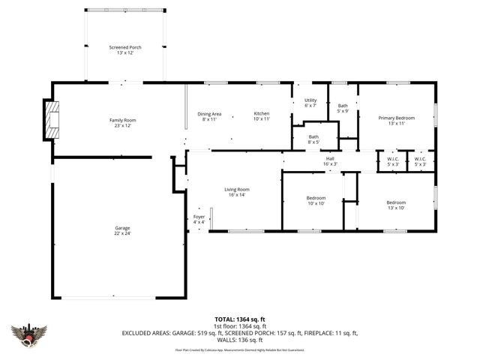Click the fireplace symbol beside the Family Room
51,120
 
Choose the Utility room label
310,100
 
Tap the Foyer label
199,219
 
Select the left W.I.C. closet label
393,160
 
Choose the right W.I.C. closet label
420,160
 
